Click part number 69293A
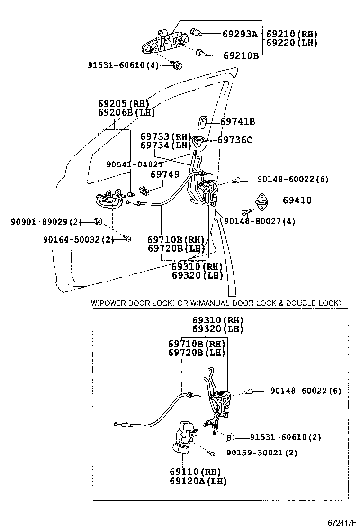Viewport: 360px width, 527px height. [x=240, y=34]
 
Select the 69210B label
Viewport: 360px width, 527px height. [x=241, y=55]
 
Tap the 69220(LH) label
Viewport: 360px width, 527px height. [x=291, y=43]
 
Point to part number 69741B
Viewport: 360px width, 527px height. [x=238, y=122]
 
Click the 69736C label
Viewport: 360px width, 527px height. [x=235, y=140]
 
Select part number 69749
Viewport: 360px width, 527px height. [x=165, y=174]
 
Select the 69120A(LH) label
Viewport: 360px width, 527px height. [x=198, y=481]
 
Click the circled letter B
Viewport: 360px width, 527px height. [x=228, y=437]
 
